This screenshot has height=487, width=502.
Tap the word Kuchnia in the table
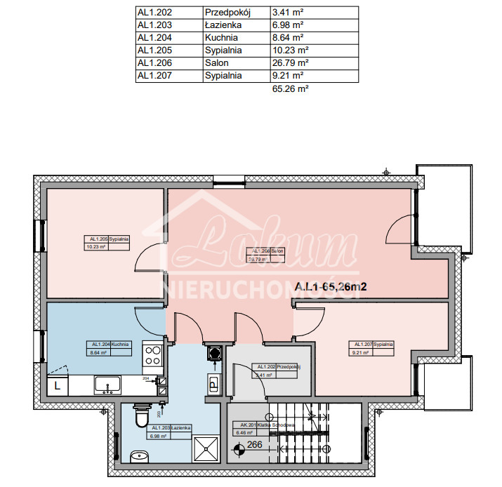point(220,37)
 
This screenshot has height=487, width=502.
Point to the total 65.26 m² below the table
point(290,89)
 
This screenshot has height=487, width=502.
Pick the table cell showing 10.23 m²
point(290,50)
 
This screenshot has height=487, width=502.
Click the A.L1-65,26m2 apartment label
point(331,286)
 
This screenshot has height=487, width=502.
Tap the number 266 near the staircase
point(254,444)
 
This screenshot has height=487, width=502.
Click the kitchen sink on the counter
point(109,385)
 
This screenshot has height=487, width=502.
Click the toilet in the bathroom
point(142,417)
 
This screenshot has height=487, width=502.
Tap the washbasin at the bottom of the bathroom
point(139,458)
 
